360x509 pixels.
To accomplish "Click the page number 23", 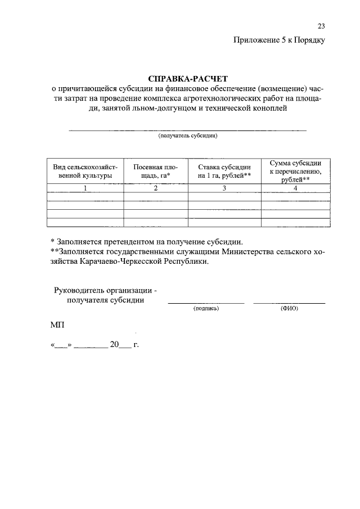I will [321, 26].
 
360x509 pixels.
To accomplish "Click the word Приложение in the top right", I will [256, 40].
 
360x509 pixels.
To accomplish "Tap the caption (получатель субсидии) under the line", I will [187, 136].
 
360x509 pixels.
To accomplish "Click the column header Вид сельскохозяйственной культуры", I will [85, 172].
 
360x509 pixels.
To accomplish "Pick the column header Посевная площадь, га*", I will [155, 172].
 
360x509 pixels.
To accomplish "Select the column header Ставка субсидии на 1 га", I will [224, 172].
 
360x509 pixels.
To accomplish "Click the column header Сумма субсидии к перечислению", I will [295, 171].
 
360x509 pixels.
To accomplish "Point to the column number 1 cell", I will [85, 188].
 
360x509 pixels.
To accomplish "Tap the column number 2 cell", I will [155, 188].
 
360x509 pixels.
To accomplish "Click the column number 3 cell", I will [224, 188].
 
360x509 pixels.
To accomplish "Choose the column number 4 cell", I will [295, 188].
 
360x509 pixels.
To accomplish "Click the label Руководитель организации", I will [105, 290].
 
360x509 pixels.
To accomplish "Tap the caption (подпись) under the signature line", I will [206, 309].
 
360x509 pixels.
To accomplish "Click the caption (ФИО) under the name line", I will [289, 309].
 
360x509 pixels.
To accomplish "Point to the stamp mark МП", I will [57, 325].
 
